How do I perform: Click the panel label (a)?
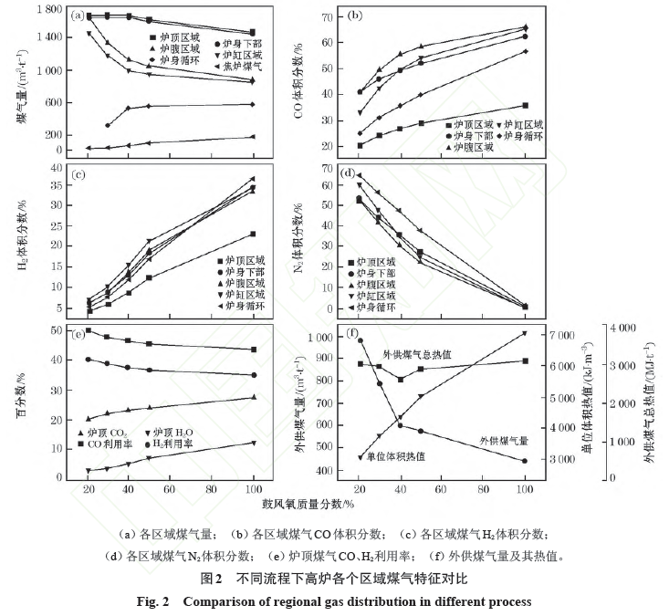pyautogui.click(x=82, y=16)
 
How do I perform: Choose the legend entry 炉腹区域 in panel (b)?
pyautogui.click(x=474, y=146)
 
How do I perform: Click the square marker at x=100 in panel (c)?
pyautogui.click(x=253, y=235)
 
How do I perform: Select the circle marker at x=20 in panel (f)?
pyautogui.click(x=360, y=340)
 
